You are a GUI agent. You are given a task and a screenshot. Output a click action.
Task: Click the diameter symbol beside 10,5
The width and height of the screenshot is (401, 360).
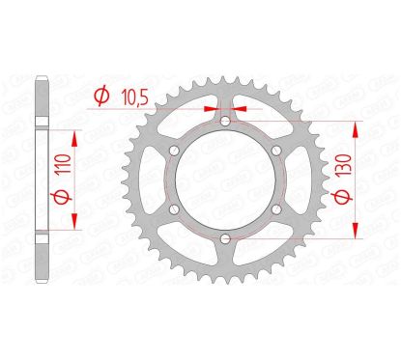[100, 95]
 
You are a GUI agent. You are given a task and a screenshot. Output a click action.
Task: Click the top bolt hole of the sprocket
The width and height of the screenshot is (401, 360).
[224, 122]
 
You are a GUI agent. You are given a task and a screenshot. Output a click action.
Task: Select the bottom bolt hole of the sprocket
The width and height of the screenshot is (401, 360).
[224, 238]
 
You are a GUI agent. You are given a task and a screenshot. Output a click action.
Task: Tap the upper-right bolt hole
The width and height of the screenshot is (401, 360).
[275, 151]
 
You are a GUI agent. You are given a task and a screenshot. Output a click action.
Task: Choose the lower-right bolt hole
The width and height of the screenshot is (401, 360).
[275, 209]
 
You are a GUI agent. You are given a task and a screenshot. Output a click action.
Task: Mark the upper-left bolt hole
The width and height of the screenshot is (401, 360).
[173, 151]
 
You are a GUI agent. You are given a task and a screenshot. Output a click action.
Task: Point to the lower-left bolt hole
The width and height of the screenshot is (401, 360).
[173, 209]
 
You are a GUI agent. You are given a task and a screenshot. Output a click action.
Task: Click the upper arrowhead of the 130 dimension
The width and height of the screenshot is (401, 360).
[355, 127]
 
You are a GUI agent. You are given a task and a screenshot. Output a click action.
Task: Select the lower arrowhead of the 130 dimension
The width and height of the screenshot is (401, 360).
[355, 233]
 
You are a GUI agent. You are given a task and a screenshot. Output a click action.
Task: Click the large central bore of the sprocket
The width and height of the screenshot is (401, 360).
[224, 180]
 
